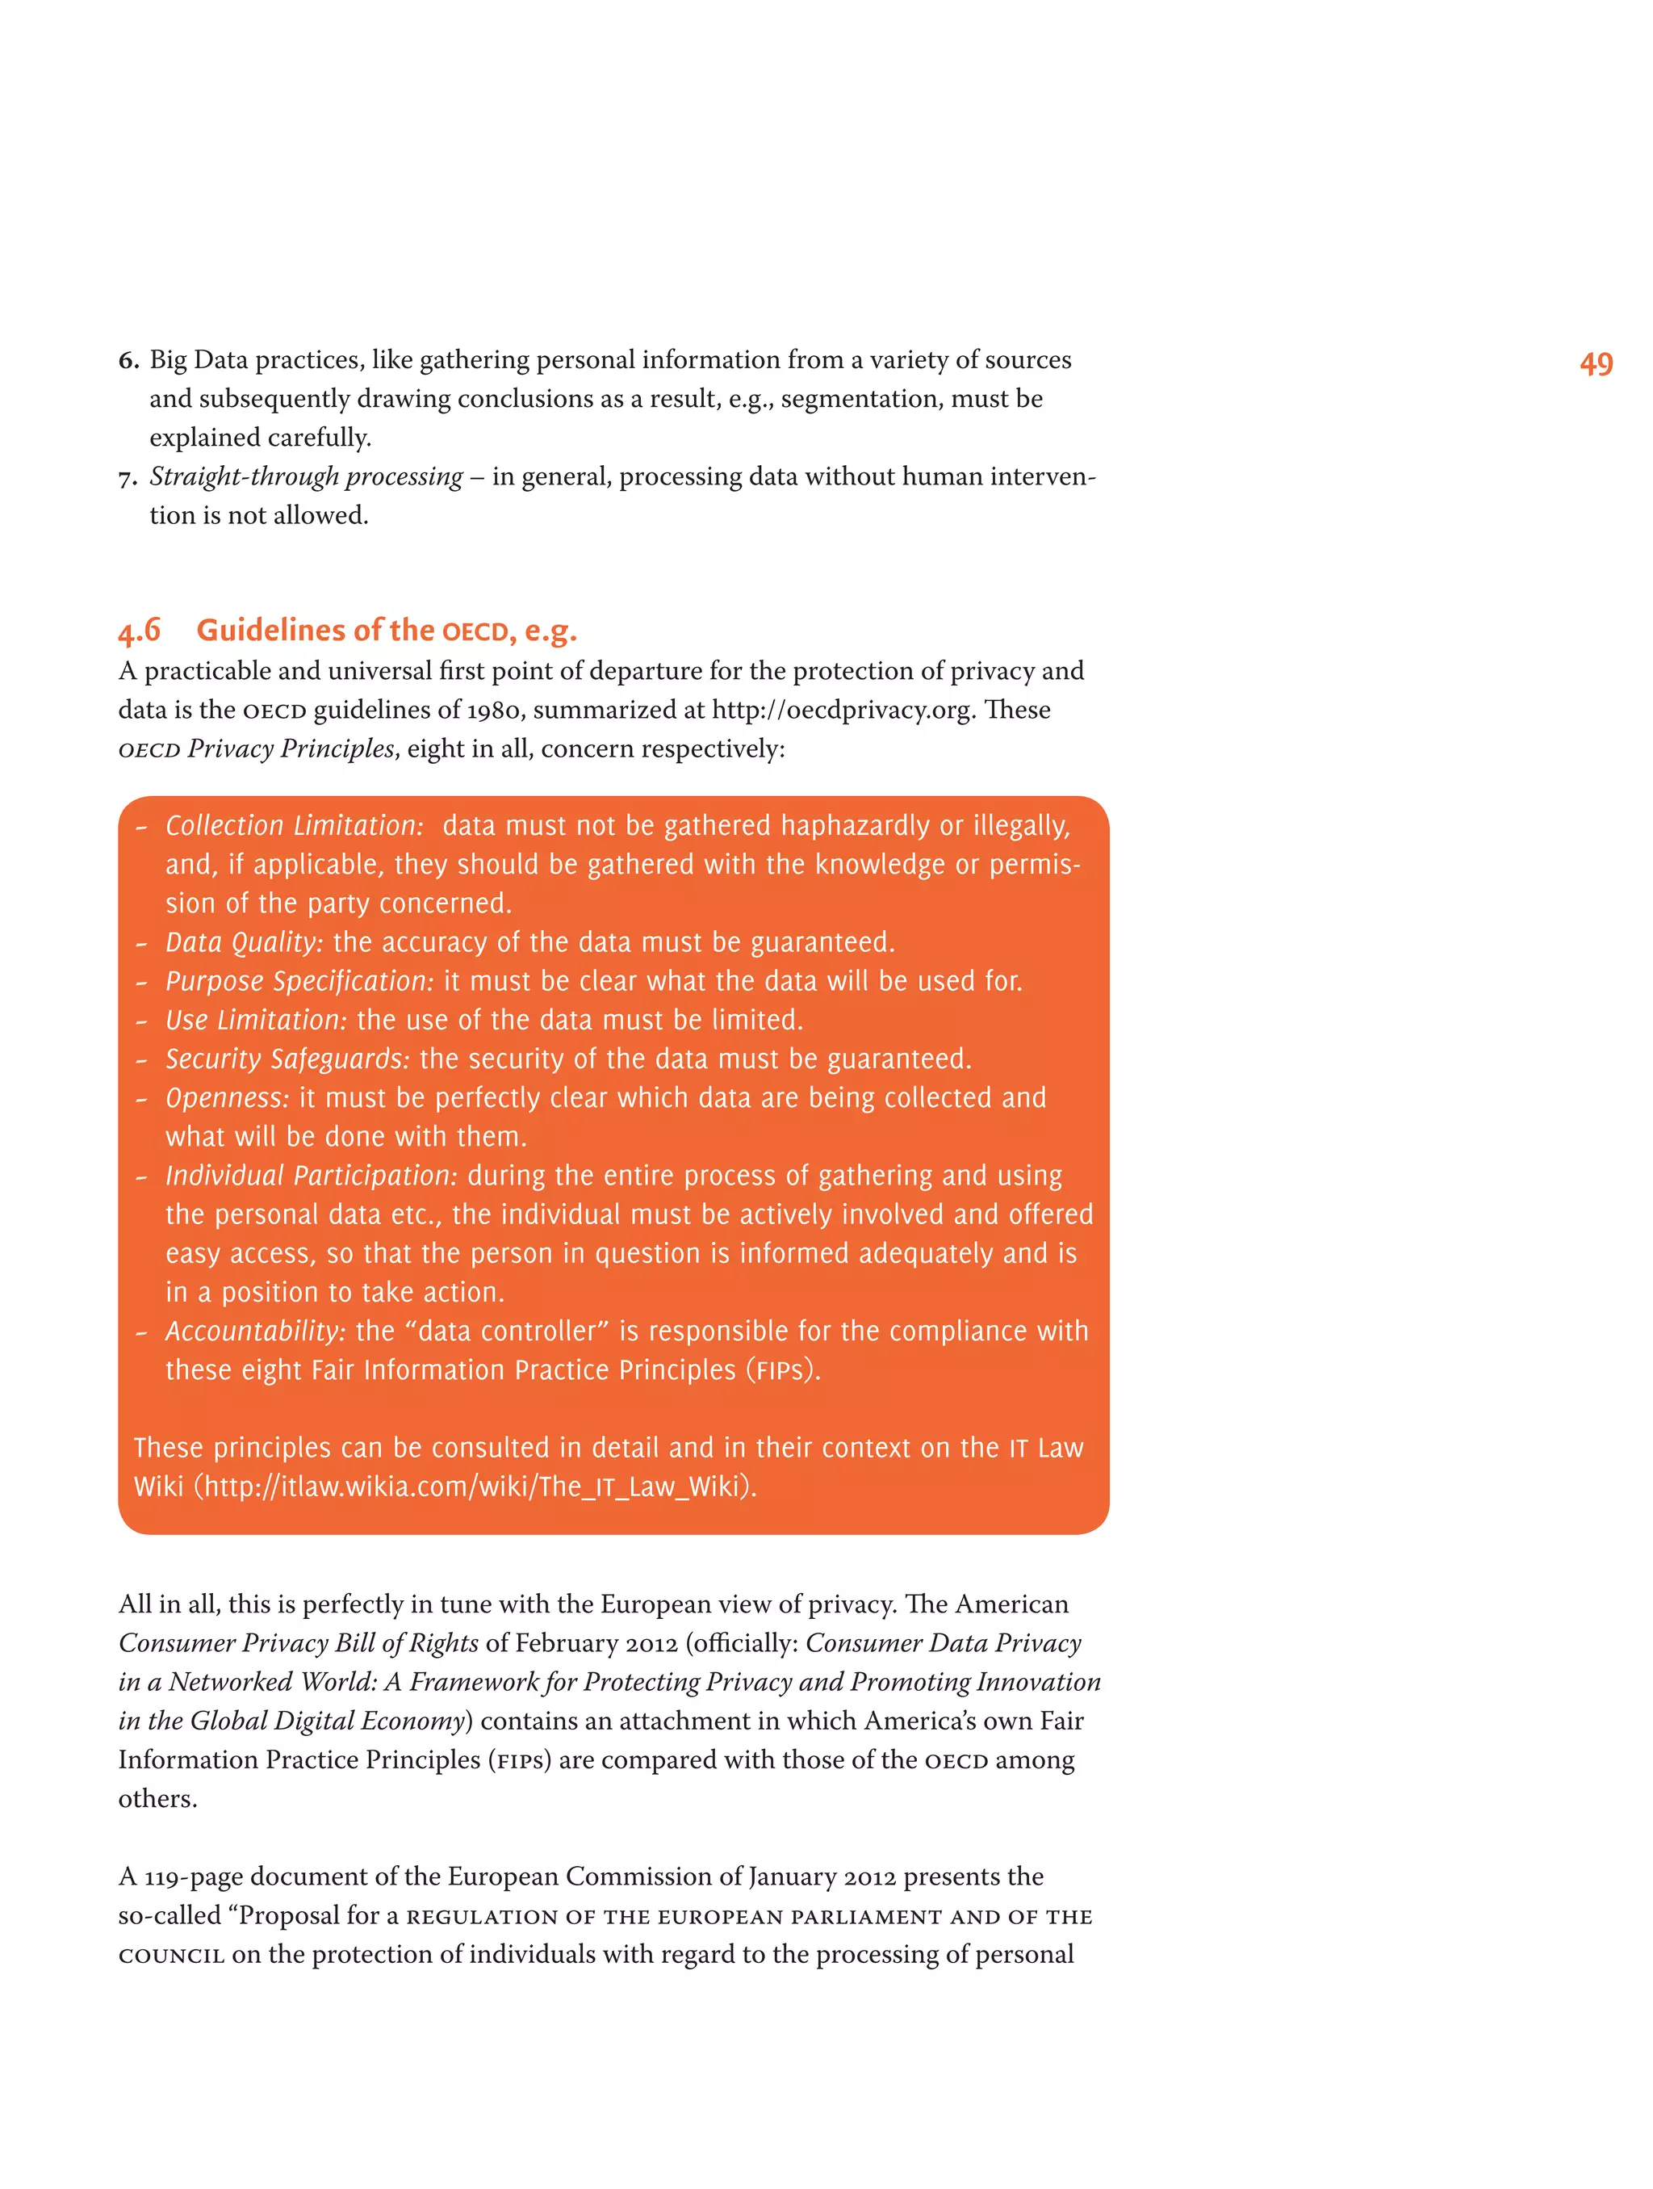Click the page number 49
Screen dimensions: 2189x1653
1595,364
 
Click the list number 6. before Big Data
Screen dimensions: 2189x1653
128,360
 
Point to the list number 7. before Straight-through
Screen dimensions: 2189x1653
128,478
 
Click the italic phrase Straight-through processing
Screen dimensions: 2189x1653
306,477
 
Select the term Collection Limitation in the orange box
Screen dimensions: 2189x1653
294,825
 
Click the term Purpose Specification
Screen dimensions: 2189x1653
299,981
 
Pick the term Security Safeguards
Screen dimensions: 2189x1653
287,1059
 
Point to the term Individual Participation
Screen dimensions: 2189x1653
311,1176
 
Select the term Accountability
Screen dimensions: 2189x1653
254,1331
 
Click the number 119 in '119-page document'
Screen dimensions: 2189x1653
163,1877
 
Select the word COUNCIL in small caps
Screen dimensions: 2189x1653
170,1956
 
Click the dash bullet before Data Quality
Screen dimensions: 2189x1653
141,943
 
